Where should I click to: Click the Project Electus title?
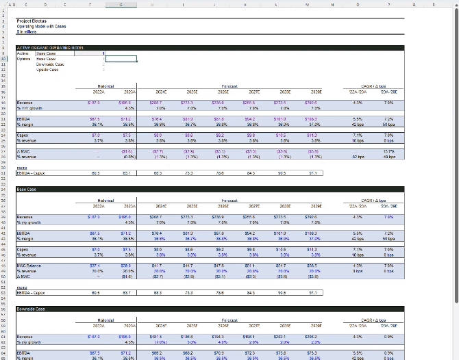pos(32,21)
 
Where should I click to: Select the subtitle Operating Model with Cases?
pos(41,26)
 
